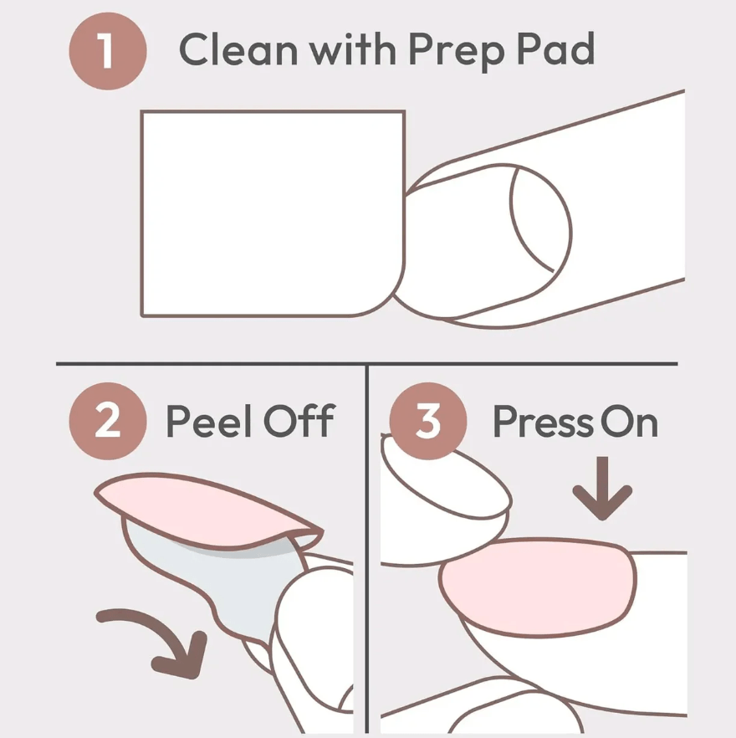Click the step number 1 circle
108,51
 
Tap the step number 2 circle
108,421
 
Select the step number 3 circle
428,421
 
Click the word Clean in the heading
238,49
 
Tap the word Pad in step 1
556,49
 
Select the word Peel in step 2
209,421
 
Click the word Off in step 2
299,420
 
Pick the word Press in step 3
543,422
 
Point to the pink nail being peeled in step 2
207,510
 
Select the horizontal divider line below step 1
367,364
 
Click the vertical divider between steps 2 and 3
367,548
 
